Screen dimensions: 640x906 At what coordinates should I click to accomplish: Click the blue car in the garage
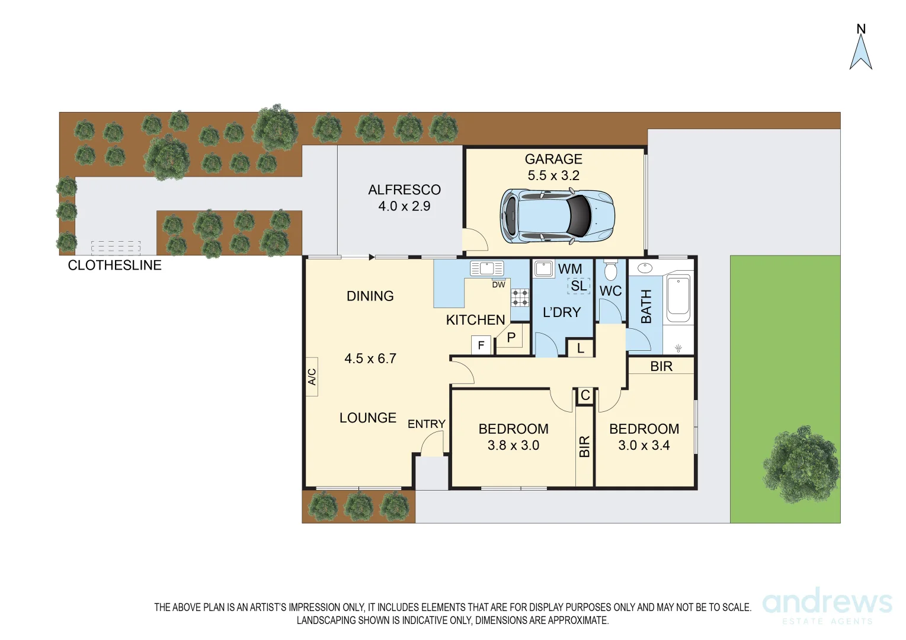coord(557,216)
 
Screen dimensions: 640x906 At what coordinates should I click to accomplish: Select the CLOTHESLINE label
coord(114,265)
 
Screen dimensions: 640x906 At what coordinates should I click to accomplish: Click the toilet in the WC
coord(610,272)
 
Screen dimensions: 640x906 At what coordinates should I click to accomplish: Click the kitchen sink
coord(486,268)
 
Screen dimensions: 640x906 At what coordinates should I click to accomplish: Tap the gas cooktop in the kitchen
coord(520,297)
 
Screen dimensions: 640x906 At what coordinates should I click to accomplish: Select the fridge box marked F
coord(481,345)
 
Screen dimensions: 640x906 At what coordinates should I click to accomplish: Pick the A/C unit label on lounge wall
coord(312,376)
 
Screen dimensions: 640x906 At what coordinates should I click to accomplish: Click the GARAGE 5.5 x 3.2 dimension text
coord(553,175)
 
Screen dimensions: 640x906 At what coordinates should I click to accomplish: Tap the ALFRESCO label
coord(404,190)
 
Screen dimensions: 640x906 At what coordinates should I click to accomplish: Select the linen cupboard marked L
coord(580,348)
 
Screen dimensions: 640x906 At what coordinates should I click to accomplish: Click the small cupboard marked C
coord(585,395)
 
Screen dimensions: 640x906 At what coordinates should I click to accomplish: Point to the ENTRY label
coord(426,424)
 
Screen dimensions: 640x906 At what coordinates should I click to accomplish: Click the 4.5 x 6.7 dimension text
coord(370,359)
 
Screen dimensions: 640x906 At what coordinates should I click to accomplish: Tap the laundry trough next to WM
coord(543,269)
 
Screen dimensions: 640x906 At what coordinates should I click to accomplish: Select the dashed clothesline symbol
coord(116,247)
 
